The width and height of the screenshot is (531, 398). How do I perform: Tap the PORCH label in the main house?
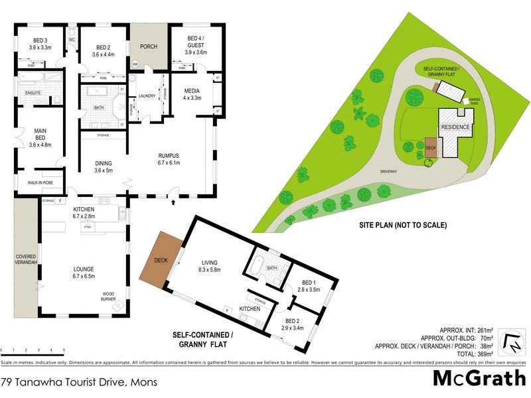click(148, 47)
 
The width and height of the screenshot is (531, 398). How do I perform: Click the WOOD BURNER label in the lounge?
click(109, 297)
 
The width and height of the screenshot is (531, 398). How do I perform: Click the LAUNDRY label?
click(147, 96)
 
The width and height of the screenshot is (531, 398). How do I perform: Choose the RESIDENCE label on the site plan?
click(455, 127)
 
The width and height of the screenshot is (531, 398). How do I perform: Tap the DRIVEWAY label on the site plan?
click(389, 171)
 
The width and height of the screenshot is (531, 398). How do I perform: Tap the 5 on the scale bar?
click(64, 349)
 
